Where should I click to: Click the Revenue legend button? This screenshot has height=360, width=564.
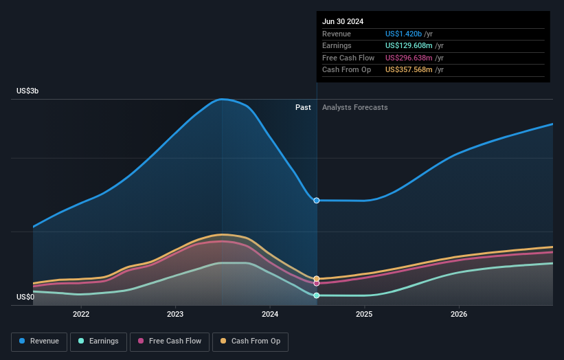pos(40,341)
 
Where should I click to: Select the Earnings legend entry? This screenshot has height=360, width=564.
pos(98,341)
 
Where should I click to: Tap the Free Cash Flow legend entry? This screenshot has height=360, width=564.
pos(169,341)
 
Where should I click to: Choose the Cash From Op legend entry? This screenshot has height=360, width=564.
pos(250,341)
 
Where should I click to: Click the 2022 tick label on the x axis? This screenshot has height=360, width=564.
pos(81,315)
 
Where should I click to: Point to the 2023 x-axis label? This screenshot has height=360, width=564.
pos(175,315)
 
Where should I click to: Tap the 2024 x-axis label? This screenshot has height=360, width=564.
pos(270,315)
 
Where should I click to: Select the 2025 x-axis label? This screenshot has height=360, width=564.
pos(364,315)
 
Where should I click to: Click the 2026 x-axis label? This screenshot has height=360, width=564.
pos(459,315)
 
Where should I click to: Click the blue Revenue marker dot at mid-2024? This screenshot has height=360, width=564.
pos(317,201)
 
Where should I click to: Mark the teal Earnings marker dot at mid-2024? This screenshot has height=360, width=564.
pos(317,295)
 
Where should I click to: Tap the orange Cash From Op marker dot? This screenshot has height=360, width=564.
pos(317,279)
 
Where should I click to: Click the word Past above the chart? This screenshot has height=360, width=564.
pos(303,107)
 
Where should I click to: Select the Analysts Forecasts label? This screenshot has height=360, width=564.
pos(354,107)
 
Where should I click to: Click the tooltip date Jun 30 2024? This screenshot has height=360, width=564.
pos(343,21)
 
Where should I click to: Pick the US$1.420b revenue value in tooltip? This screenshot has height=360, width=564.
pos(404,34)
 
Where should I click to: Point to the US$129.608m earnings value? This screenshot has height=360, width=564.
pos(409,46)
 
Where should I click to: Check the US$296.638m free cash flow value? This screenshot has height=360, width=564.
pos(409,58)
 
